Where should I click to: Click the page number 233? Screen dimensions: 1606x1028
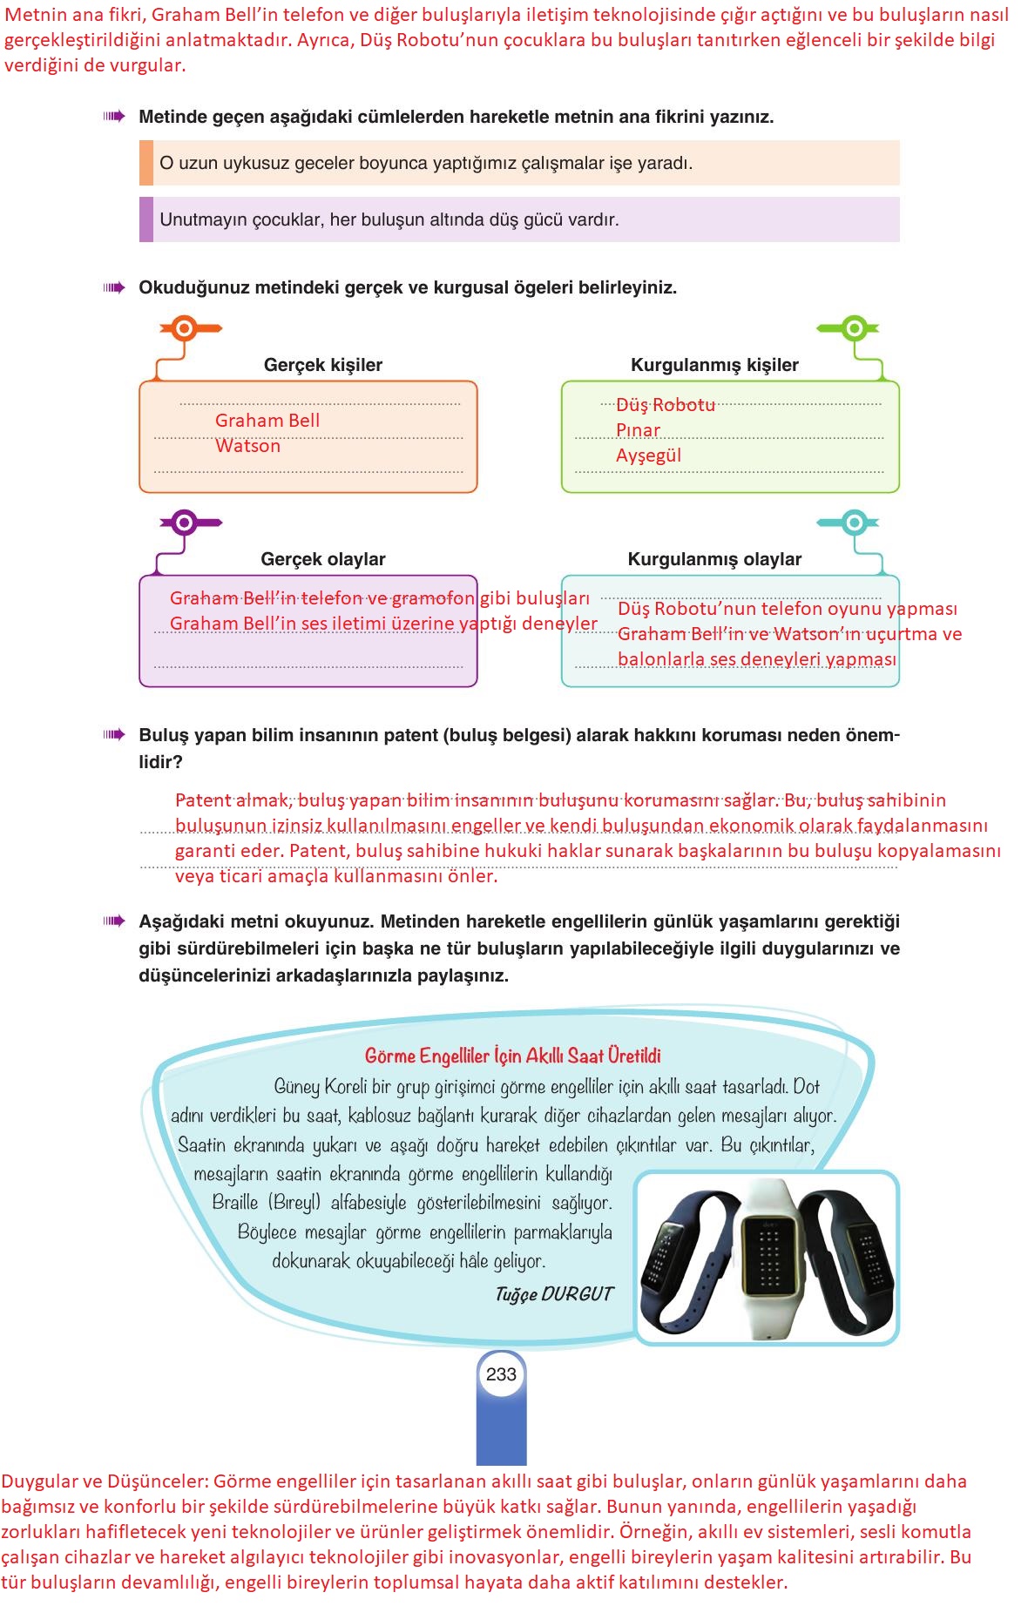click(x=501, y=1374)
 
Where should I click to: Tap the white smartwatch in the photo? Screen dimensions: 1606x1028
click(x=768, y=1254)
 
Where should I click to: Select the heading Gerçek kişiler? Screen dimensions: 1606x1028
click(x=322, y=365)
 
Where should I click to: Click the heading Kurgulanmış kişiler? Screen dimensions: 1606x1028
click(x=714, y=365)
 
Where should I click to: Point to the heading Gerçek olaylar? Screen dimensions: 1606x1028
click(x=322, y=559)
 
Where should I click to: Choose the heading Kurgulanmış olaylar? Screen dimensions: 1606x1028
click(x=714, y=559)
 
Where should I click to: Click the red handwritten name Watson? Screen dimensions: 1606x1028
click(x=248, y=446)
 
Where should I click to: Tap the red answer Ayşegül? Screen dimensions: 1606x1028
click(x=648, y=455)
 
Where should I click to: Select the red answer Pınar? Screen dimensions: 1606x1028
click(x=638, y=430)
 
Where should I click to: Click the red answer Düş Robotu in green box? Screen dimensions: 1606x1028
click(x=666, y=405)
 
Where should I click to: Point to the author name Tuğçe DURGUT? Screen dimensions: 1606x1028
click(x=554, y=1294)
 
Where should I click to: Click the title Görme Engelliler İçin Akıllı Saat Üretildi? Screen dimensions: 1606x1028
click(x=512, y=1056)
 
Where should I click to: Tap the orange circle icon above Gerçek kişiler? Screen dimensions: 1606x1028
click(x=184, y=328)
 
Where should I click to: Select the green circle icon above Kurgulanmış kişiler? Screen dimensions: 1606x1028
click(x=855, y=328)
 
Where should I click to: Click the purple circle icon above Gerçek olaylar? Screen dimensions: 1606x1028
click(x=184, y=523)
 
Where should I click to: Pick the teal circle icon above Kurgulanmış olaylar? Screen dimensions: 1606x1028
click(x=855, y=523)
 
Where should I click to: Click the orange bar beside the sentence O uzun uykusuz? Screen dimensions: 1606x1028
click(x=146, y=163)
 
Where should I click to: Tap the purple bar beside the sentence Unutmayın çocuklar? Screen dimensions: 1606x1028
click(x=146, y=219)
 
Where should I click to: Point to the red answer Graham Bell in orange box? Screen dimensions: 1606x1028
click(x=267, y=421)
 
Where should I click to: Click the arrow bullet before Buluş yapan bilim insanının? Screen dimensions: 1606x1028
click(x=114, y=735)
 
